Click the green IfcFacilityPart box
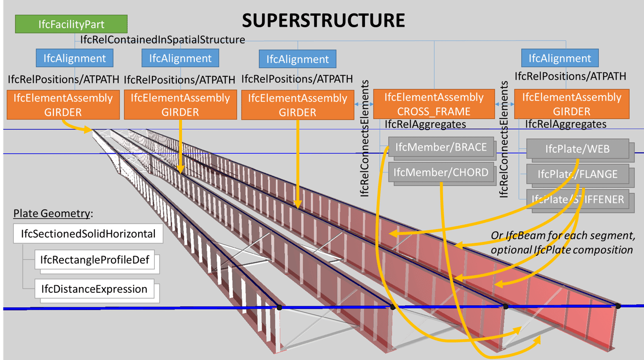point(71,24)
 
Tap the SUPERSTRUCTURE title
point(323,20)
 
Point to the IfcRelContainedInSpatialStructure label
point(162,40)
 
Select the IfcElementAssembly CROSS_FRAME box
point(433,104)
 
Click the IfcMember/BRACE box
point(441,148)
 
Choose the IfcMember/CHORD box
point(441,172)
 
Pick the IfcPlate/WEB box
point(577,149)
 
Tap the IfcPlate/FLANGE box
point(577,174)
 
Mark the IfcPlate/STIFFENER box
point(577,200)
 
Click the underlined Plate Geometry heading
point(51,213)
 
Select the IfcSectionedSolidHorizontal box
point(88,234)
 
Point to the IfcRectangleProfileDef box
point(95,260)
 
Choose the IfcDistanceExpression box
point(94,289)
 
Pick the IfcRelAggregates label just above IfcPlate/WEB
point(565,124)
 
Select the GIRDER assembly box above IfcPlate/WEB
point(572,104)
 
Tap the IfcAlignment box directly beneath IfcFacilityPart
point(74,59)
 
